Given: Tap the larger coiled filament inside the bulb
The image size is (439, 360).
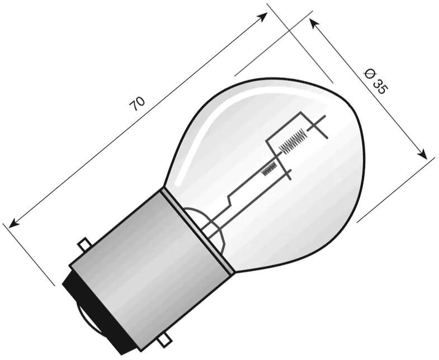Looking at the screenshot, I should (x=292, y=140).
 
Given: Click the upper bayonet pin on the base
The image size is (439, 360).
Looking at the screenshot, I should (x=84, y=245).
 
